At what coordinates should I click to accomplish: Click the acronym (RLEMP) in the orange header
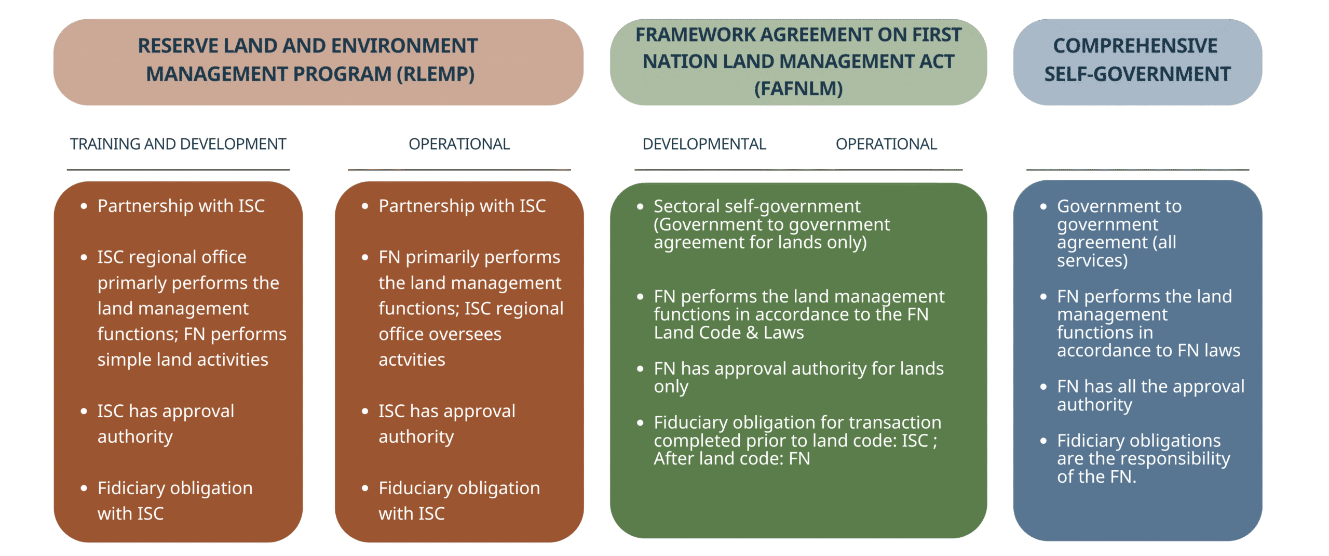tap(435, 74)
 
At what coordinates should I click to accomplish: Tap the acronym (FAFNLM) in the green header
tap(798, 89)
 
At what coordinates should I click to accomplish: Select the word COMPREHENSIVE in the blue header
tap(1135, 46)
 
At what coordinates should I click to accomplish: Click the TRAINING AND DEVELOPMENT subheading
tap(178, 144)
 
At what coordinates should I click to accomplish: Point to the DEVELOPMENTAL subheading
tap(704, 144)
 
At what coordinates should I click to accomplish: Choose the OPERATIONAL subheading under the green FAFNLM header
tap(886, 144)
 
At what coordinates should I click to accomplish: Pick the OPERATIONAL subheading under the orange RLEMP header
tap(459, 144)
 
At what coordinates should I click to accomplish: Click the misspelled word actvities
tap(412, 360)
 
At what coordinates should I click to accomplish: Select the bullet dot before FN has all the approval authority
tap(1043, 387)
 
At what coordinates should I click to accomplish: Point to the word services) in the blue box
tap(1092, 260)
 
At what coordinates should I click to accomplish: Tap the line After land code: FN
tap(731, 459)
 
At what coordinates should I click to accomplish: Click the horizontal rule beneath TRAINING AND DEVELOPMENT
tap(178, 170)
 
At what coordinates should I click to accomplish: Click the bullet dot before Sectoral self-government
tap(640, 207)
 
